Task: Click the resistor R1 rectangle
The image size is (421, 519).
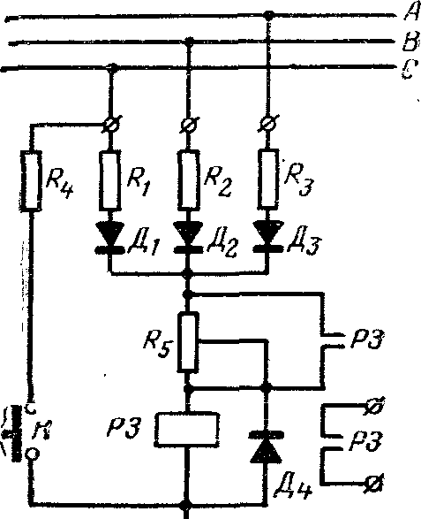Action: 110,179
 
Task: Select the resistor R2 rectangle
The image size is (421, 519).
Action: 189,180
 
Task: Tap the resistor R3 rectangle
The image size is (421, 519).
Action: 268,179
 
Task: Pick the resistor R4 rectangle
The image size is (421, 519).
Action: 32,180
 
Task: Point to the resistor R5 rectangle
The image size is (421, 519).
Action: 188,341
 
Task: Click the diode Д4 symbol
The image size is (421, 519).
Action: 266,446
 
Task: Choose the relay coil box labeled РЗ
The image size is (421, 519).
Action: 187,429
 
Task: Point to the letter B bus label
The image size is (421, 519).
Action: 410,42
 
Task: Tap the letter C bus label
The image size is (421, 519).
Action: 410,68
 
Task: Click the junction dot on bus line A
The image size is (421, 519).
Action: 269,14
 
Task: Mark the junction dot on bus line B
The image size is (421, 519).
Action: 189,42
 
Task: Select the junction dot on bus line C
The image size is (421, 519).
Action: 112,67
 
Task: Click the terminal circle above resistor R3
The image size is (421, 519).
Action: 268,124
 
